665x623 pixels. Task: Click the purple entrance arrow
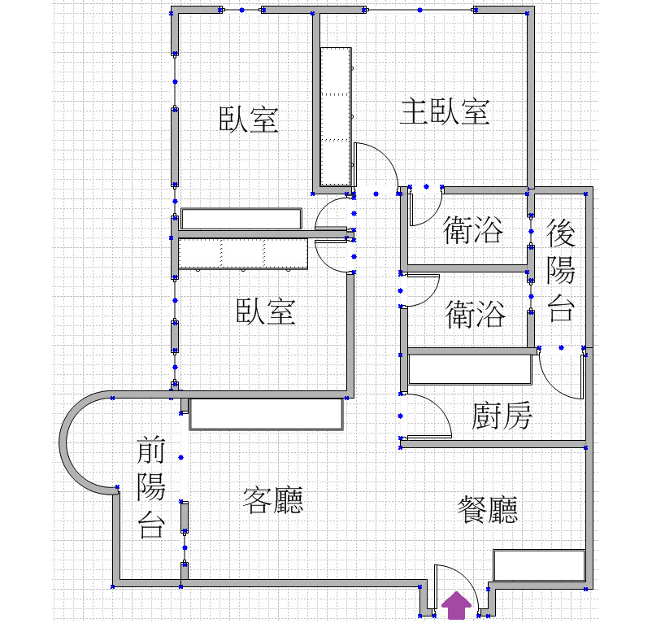(456, 606)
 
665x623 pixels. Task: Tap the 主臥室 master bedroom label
(446, 111)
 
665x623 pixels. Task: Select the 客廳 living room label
(273, 500)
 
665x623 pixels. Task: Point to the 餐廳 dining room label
(488, 509)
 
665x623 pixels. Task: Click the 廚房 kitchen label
(502, 416)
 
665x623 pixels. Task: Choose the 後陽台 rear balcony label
(561, 270)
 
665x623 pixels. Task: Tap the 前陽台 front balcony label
(151, 488)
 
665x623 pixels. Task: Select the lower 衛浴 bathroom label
(476, 314)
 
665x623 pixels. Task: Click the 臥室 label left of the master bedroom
(249, 120)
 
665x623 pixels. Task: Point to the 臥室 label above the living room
(266, 311)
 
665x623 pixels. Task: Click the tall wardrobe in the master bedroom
(336, 116)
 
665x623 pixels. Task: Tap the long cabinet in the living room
(266, 414)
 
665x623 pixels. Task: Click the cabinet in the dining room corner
(539, 565)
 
